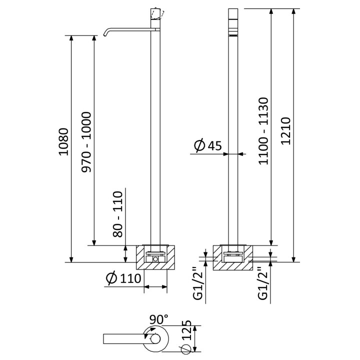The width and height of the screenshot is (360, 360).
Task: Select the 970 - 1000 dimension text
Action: point(85,141)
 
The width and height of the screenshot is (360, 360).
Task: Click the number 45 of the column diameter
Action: point(214,145)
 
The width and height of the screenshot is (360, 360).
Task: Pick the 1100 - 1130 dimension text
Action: point(264,131)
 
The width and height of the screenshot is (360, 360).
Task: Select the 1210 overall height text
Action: point(285,131)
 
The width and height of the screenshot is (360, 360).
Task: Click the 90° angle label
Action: point(158,318)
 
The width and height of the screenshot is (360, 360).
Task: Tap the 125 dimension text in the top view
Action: point(186,330)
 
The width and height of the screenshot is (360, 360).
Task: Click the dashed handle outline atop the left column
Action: point(157,13)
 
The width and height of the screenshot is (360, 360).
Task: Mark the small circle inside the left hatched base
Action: point(156,259)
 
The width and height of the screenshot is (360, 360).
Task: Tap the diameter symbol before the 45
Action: point(199,145)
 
